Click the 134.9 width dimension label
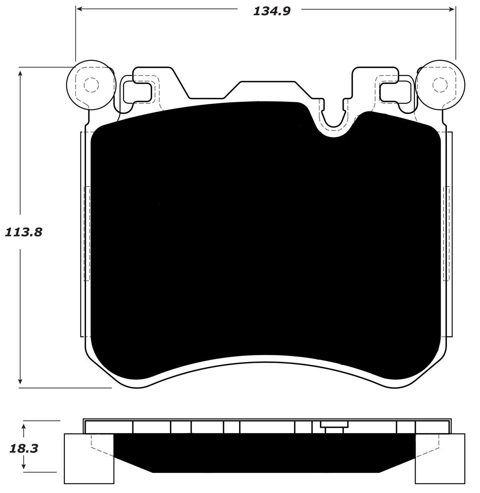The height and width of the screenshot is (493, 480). point(271,11)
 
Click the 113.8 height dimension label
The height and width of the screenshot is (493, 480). point(23,232)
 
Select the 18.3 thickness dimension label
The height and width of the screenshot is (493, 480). point(24,449)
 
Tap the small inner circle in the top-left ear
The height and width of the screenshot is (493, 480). point(91,85)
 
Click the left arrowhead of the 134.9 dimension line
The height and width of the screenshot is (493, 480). point(79,9)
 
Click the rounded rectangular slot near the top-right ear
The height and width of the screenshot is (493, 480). point(395,91)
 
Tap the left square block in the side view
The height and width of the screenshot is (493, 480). point(89,458)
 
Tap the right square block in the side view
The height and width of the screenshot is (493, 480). point(440,458)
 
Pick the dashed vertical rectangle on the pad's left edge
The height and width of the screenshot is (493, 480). point(86,234)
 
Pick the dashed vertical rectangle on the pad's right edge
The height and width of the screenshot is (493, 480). point(447,234)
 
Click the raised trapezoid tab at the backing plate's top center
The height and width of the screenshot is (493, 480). point(267,89)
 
